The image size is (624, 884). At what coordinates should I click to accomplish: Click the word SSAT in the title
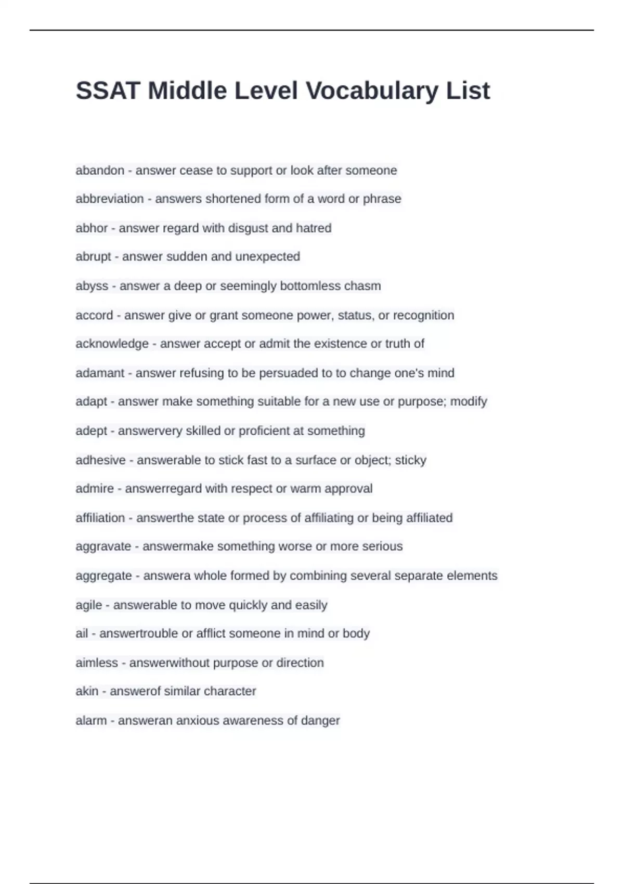(108, 91)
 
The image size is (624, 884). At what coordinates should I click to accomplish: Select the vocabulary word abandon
(100, 171)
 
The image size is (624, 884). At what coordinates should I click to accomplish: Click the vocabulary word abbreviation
(109, 199)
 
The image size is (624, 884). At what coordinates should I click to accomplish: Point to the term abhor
(92, 228)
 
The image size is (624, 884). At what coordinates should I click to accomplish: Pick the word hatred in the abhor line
(314, 228)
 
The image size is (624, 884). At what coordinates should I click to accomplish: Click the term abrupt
(93, 257)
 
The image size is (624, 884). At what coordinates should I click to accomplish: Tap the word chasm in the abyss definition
(365, 286)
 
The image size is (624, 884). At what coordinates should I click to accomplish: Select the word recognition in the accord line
(423, 315)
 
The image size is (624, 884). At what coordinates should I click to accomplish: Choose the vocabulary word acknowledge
(112, 344)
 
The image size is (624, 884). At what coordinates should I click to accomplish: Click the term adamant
(100, 373)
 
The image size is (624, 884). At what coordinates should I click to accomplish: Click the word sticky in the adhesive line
(411, 460)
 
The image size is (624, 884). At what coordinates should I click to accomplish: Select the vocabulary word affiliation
(100, 518)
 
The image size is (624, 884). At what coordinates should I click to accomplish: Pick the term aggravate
(103, 547)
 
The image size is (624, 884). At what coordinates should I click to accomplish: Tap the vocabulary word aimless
(97, 663)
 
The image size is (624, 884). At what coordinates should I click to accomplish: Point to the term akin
(87, 691)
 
